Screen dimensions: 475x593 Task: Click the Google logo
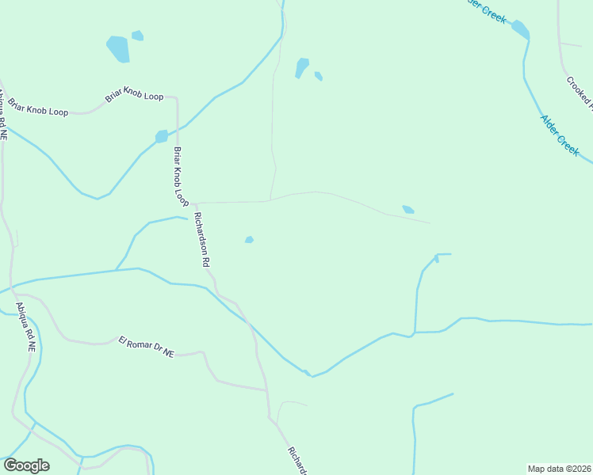(x=27, y=465)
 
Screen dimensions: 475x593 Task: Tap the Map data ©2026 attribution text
(x=559, y=469)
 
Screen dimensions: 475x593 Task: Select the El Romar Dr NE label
(x=146, y=347)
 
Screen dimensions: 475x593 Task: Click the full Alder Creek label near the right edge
(x=560, y=135)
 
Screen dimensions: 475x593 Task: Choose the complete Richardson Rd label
(x=201, y=238)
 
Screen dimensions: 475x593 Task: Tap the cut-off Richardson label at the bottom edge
(x=296, y=460)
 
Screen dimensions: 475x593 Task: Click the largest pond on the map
(x=117, y=49)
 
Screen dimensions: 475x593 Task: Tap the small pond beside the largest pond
(x=138, y=36)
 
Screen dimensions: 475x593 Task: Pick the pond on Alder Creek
(x=520, y=29)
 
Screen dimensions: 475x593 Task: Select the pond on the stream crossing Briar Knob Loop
(x=162, y=136)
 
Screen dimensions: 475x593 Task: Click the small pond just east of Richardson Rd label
(x=249, y=240)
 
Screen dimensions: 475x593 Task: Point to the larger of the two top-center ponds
(x=301, y=68)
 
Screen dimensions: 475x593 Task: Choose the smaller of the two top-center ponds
(x=318, y=76)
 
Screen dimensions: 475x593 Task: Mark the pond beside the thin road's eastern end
(x=407, y=210)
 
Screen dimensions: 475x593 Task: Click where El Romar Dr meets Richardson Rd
(x=266, y=389)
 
